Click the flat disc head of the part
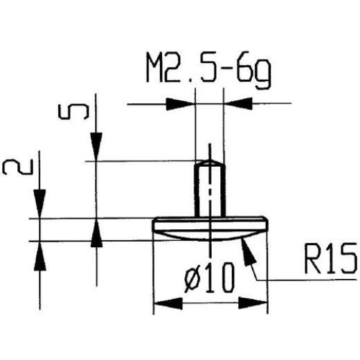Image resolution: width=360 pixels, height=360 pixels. click(209, 224)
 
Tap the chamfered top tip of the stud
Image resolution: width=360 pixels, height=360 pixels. click(209, 163)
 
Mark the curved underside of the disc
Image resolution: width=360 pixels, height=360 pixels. click(209, 235)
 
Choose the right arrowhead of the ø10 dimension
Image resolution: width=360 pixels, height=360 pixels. click(255, 303)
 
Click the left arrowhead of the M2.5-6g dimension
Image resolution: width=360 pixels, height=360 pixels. click(183, 105)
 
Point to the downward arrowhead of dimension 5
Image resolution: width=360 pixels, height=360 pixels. click(96, 150)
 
